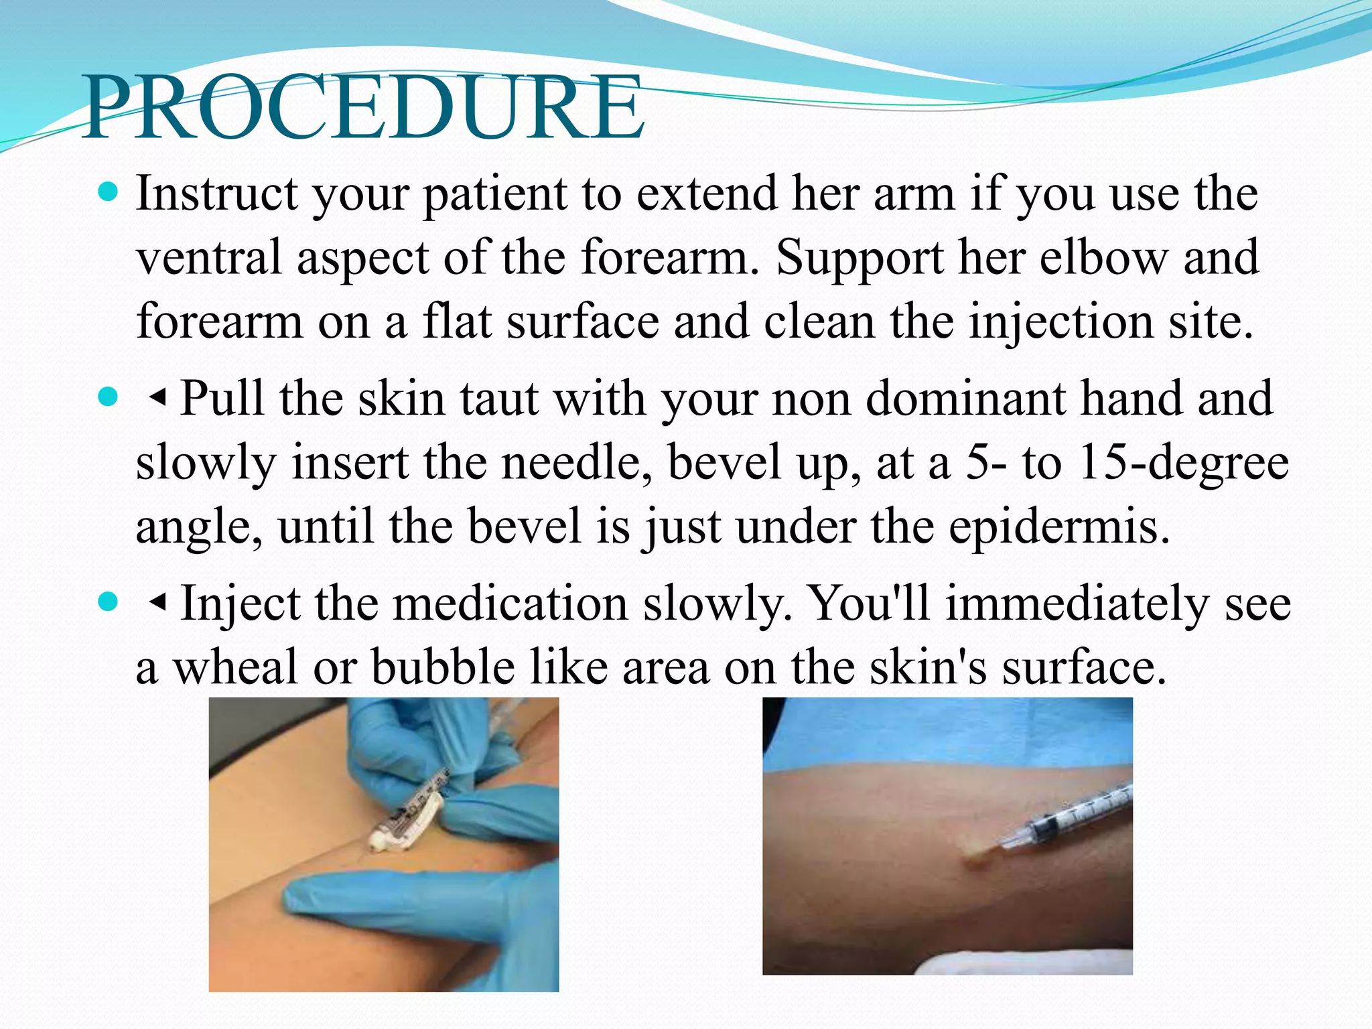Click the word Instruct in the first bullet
[216, 194]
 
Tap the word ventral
[208, 258]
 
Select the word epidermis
[1058, 527]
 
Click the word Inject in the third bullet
[241, 603]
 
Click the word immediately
[1077, 603]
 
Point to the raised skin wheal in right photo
[979, 857]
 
